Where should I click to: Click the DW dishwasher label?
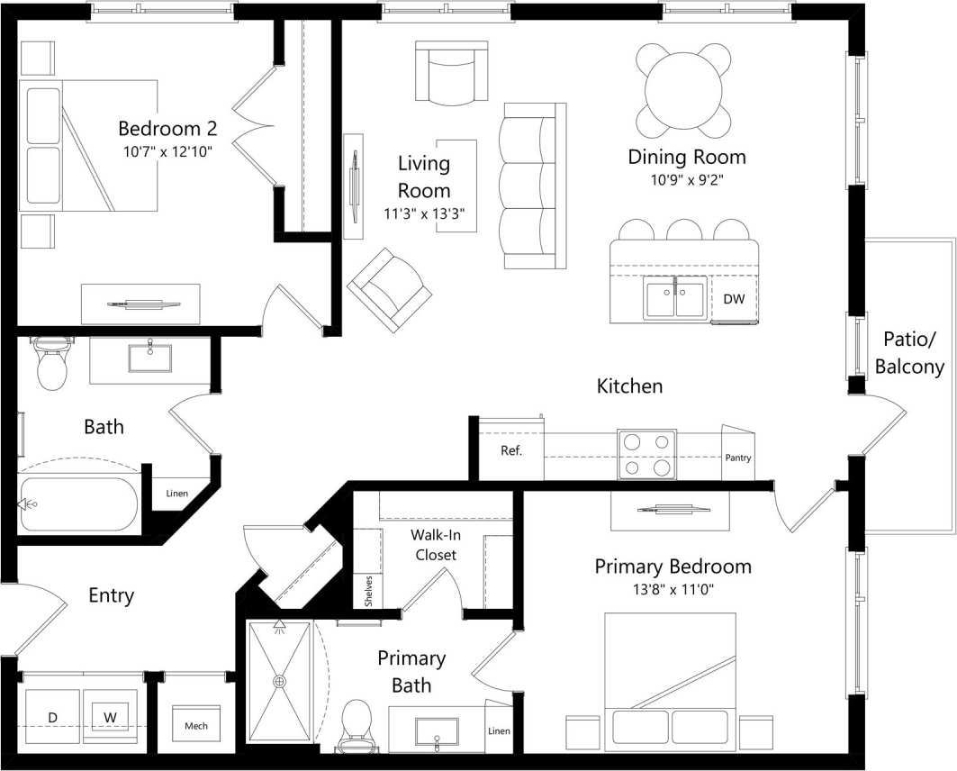(x=734, y=299)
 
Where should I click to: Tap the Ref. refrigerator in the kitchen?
(x=510, y=450)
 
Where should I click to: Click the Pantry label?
(x=738, y=458)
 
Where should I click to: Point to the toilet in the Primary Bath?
(x=357, y=724)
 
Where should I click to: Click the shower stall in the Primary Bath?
(x=279, y=682)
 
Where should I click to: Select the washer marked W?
(x=110, y=717)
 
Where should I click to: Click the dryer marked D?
(x=52, y=717)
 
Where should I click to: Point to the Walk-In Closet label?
(x=434, y=544)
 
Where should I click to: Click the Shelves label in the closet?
(x=368, y=590)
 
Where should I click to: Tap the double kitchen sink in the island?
(x=675, y=301)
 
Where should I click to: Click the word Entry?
(x=112, y=595)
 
